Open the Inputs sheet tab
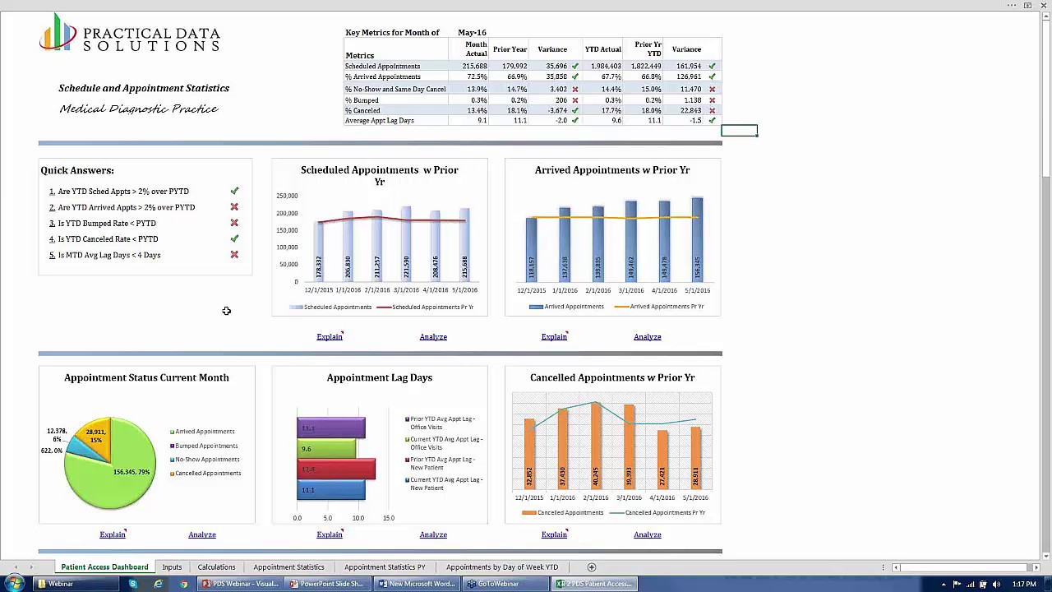[x=172, y=567]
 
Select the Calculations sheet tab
[x=216, y=567]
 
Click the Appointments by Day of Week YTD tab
[x=501, y=567]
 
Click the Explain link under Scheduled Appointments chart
[x=329, y=337]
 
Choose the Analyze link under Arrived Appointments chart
[x=647, y=337]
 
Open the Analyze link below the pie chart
[x=201, y=534]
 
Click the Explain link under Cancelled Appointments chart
[x=554, y=534]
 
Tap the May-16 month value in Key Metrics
[x=472, y=32]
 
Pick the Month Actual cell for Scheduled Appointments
[x=474, y=66]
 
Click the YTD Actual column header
[x=602, y=49]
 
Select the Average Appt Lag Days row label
[x=379, y=121]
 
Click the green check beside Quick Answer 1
[x=234, y=191]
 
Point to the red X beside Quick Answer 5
[x=234, y=255]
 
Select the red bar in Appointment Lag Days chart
[x=336, y=469]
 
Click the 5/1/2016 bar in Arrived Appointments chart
[x=697, y=238]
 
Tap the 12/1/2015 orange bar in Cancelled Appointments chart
[x=529, y=460]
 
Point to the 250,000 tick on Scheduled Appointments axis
[x=287, y=196]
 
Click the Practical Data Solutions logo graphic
[x=58, y=35]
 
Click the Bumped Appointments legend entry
[x=206, y=446]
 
